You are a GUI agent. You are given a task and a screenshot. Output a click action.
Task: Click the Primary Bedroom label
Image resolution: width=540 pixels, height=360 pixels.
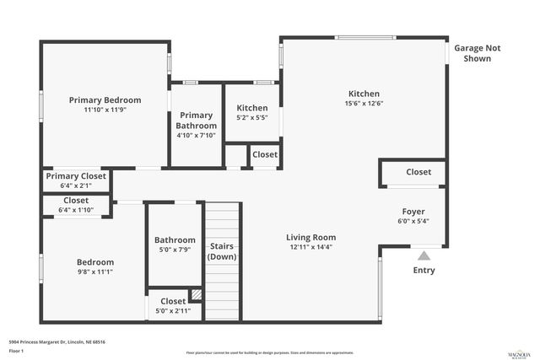point(105,99)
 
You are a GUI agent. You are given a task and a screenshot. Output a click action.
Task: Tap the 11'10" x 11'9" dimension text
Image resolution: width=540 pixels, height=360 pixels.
point(105,110)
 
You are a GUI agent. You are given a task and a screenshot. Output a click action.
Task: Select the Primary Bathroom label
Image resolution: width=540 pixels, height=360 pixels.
point(197,120)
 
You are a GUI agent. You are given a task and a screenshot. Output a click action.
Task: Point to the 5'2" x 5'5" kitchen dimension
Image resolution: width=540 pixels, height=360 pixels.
point(251,119)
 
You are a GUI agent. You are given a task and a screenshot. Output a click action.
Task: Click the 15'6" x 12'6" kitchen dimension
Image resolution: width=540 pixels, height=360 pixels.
point(364,104)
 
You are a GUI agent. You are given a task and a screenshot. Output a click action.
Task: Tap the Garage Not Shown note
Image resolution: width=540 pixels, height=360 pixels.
point(478,53)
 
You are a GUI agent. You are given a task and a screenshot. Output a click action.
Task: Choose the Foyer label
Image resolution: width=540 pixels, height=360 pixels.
point(413,212)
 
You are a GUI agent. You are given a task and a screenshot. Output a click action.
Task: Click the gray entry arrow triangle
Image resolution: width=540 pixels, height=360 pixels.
point(424,254)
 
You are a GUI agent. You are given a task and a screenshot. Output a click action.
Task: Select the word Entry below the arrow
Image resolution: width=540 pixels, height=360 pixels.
point(424,270)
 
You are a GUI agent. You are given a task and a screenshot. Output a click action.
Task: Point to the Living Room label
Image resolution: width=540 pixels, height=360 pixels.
point(310,238)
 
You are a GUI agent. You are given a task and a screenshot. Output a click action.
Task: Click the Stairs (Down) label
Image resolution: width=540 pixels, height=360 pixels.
point(222,250)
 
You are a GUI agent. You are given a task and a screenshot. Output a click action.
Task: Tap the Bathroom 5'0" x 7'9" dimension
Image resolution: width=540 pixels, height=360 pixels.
point(175,250)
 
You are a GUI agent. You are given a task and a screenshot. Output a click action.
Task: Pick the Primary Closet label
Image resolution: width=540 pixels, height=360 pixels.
point(76,176)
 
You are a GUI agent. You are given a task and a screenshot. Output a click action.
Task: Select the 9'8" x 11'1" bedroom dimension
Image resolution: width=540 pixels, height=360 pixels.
point(94,271)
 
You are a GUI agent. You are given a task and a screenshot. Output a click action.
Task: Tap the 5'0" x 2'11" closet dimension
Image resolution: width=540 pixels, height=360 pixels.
point(173,310)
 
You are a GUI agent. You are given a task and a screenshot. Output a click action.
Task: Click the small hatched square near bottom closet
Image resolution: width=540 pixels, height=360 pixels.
point(197,294)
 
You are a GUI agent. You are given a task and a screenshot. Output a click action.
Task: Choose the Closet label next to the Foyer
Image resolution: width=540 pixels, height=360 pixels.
point(418,172)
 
